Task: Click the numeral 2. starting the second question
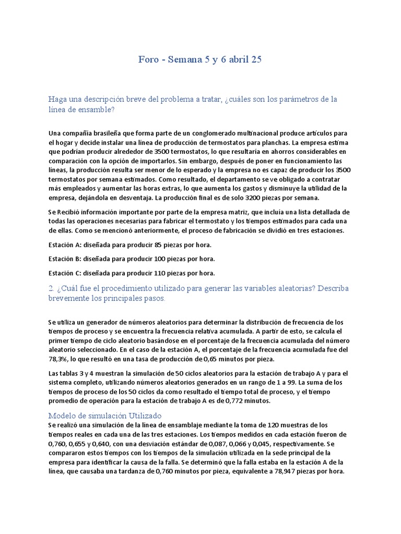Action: coord(51,288)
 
